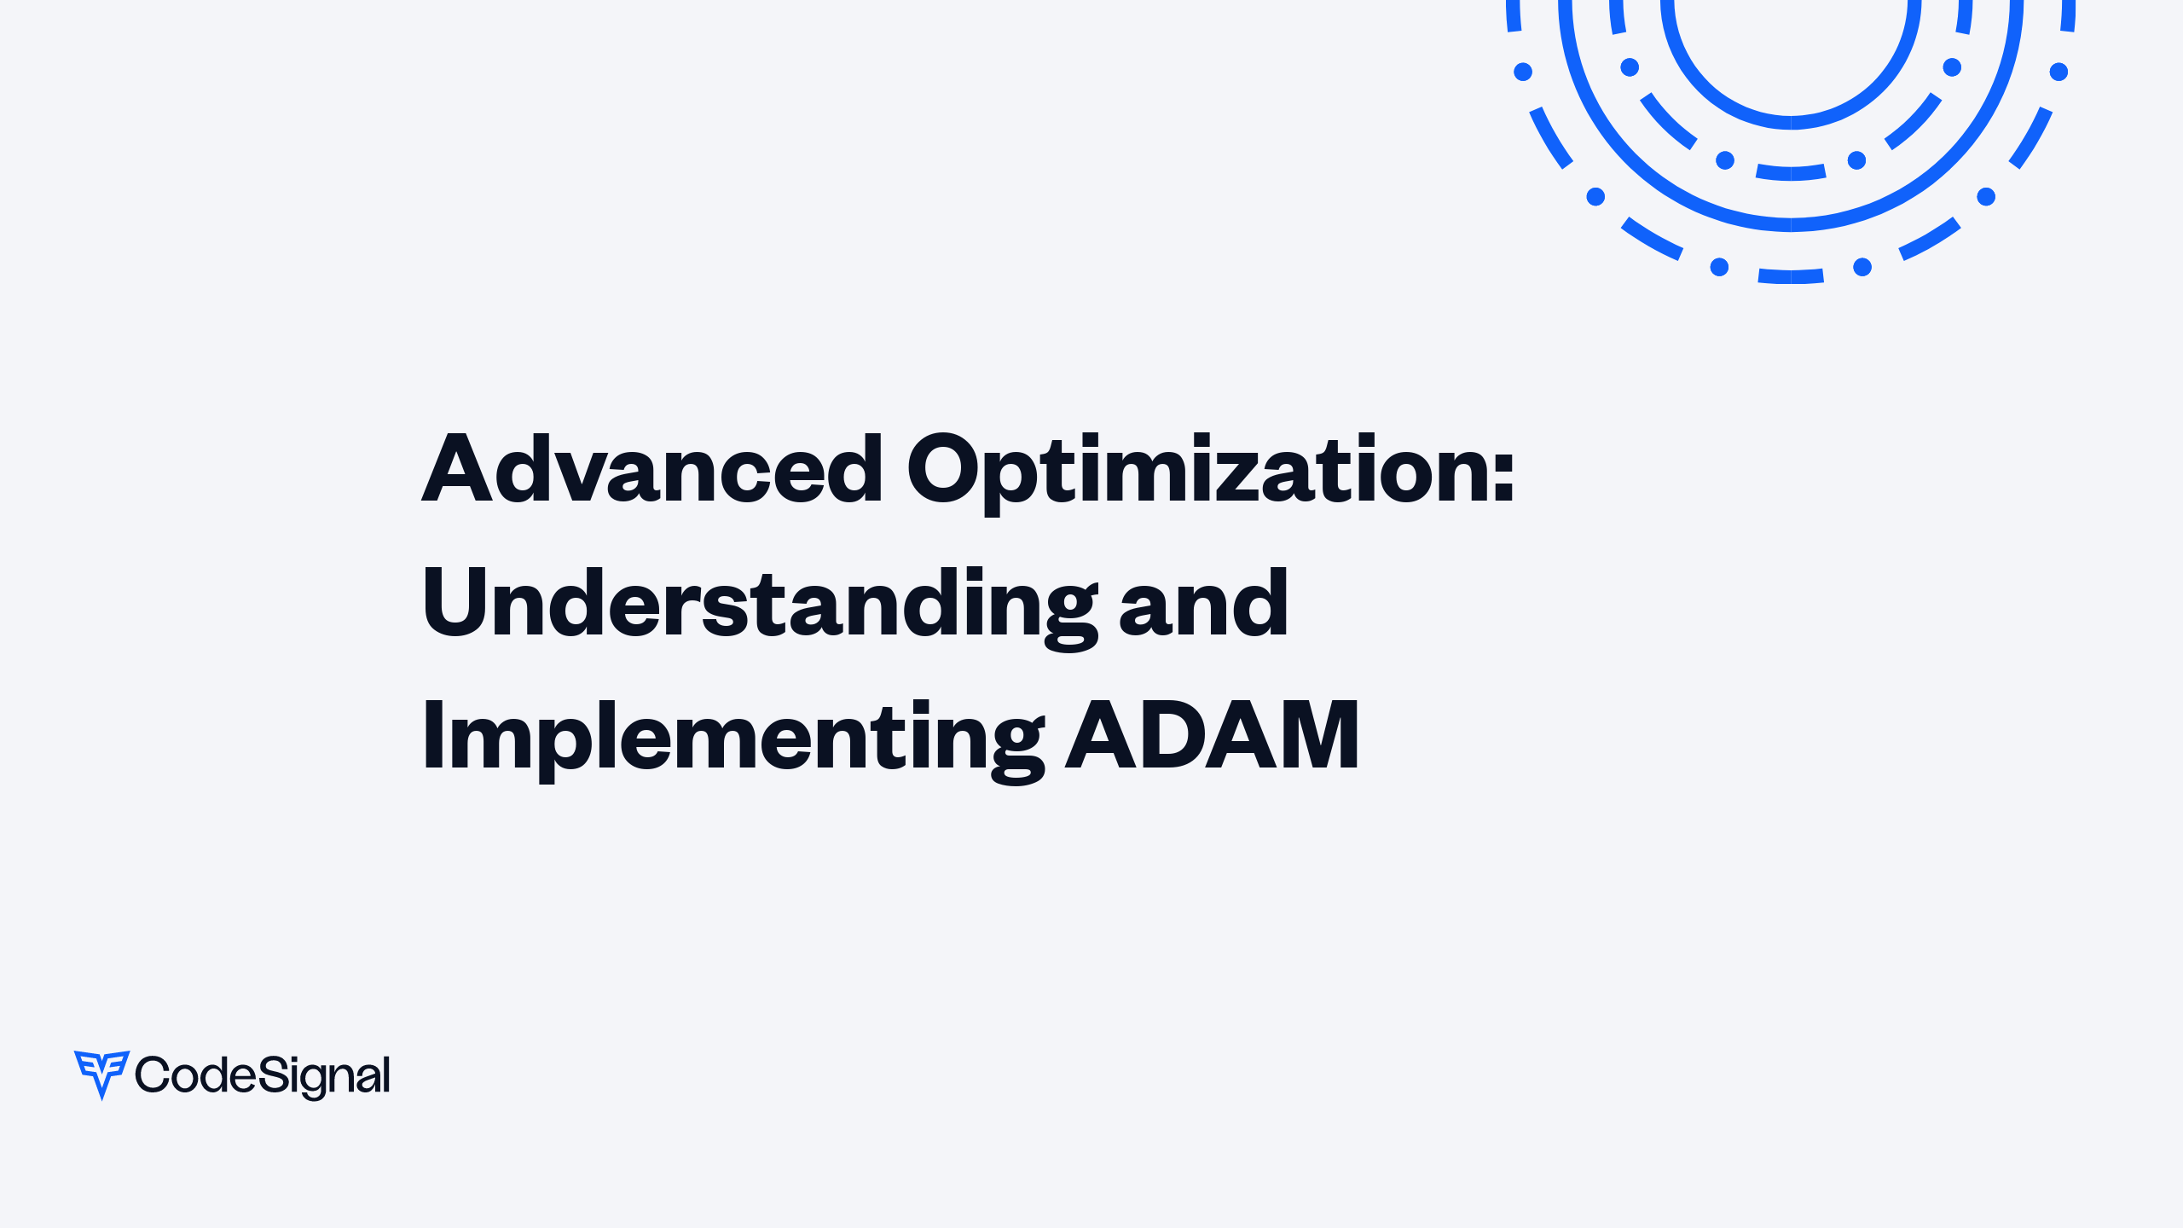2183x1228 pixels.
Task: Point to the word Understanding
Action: click(x=759, y=603)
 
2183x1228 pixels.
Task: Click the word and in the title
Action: click(x=1203, y=605)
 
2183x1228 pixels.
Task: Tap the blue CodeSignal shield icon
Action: click(x=101, y=1073)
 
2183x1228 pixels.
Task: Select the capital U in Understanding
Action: click(x=453, y=601)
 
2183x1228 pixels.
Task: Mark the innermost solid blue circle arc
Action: click(x=1791, y=122)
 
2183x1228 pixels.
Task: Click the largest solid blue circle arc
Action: click(x=1791, y=224)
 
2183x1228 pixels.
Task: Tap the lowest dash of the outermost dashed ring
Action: click(x=1791, y=276)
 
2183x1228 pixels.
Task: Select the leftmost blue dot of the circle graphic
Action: click(x=1523, y=72)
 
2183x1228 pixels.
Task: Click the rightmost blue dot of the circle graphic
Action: click(x=2059, y=72)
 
